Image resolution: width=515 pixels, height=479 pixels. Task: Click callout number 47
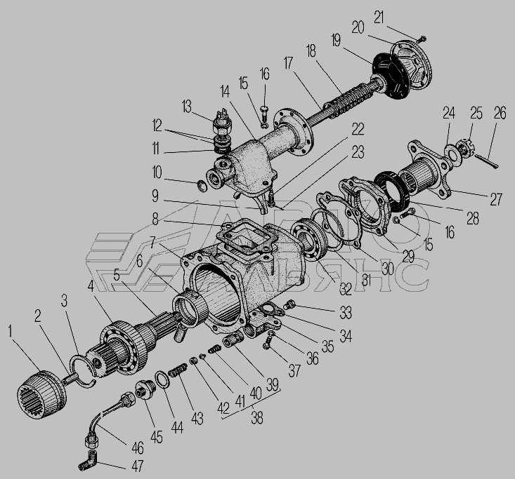click(137, 466)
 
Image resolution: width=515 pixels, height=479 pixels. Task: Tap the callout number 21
click(379, 17)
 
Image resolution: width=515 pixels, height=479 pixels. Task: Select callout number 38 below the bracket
click(257, 418)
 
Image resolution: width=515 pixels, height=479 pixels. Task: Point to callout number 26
click(500, 114)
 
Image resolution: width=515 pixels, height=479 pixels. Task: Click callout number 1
click(10, 331)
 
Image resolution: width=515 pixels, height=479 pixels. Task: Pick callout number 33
click(346, 313)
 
